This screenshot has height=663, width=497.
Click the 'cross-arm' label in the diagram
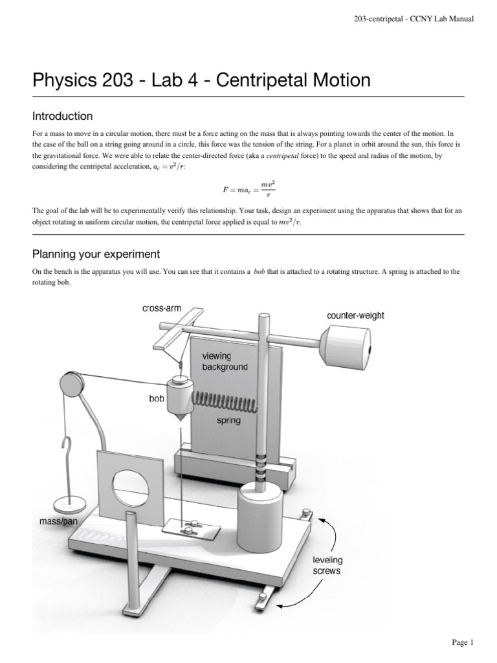pyautogui.click(x=162, y=309)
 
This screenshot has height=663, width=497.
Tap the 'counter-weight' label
pyautogui.click(x=356, y=316)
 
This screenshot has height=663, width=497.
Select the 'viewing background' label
pyautogui.click(x=225, y=362)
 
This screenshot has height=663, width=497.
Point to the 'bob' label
pyautogui.click(x=157, y=399)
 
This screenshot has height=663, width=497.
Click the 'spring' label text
pyautogui.click(x=228, y=421)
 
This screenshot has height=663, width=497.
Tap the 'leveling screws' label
pyautogui.click(x=327, y=565)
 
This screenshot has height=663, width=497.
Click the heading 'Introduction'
pyautogui.click(x=62, y=117)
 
